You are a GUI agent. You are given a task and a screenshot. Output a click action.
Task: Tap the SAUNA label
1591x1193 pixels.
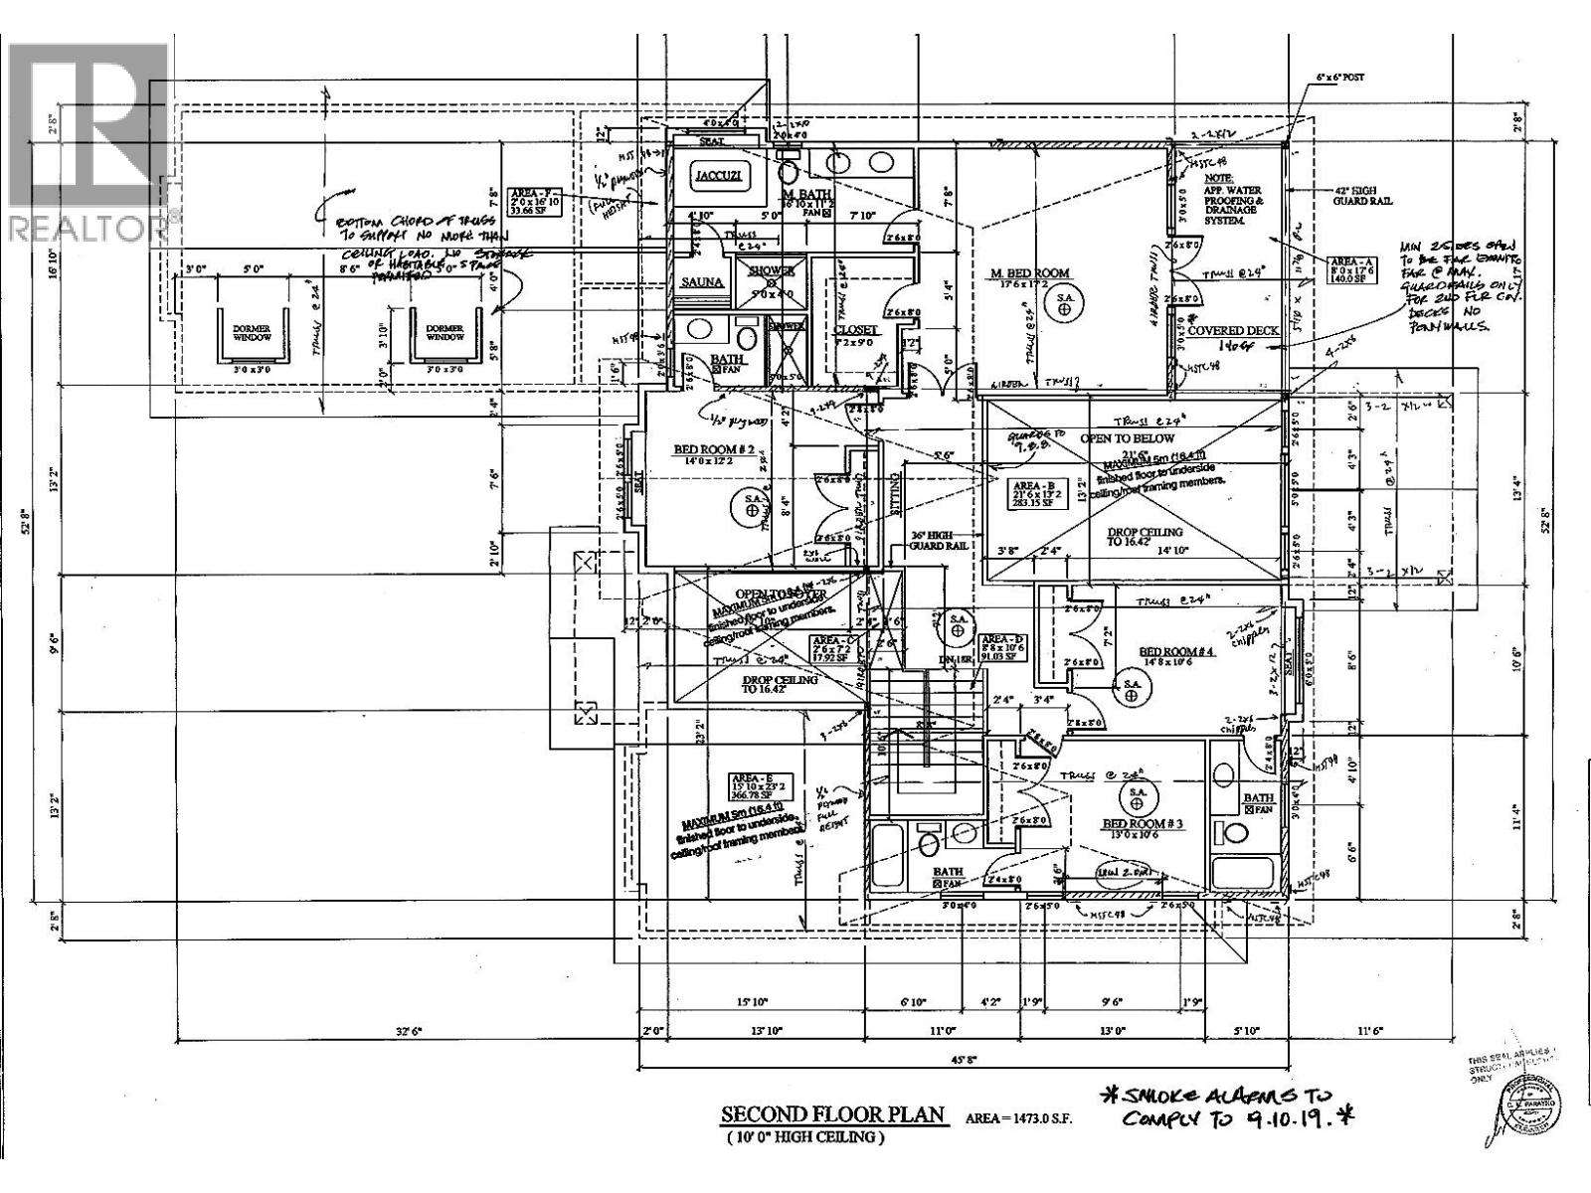coord(702,282)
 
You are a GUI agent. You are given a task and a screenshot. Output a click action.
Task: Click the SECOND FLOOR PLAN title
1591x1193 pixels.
coord(833,1114)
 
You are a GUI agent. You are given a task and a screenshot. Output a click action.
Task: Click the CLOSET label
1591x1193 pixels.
coord(855,329)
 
